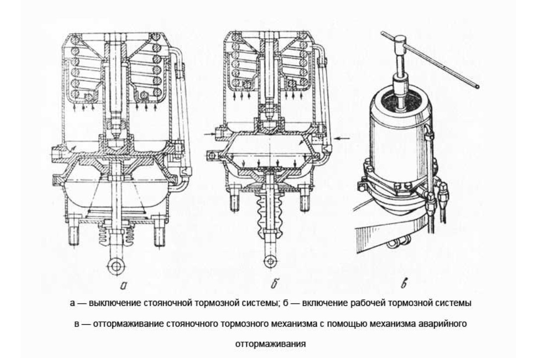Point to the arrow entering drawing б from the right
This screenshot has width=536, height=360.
342,138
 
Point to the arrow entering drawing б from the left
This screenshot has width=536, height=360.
209,135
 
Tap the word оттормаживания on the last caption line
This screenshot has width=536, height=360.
270,344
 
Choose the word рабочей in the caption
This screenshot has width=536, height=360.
368,303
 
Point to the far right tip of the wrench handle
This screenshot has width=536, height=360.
478,87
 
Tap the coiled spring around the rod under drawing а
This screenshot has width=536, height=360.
117,235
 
